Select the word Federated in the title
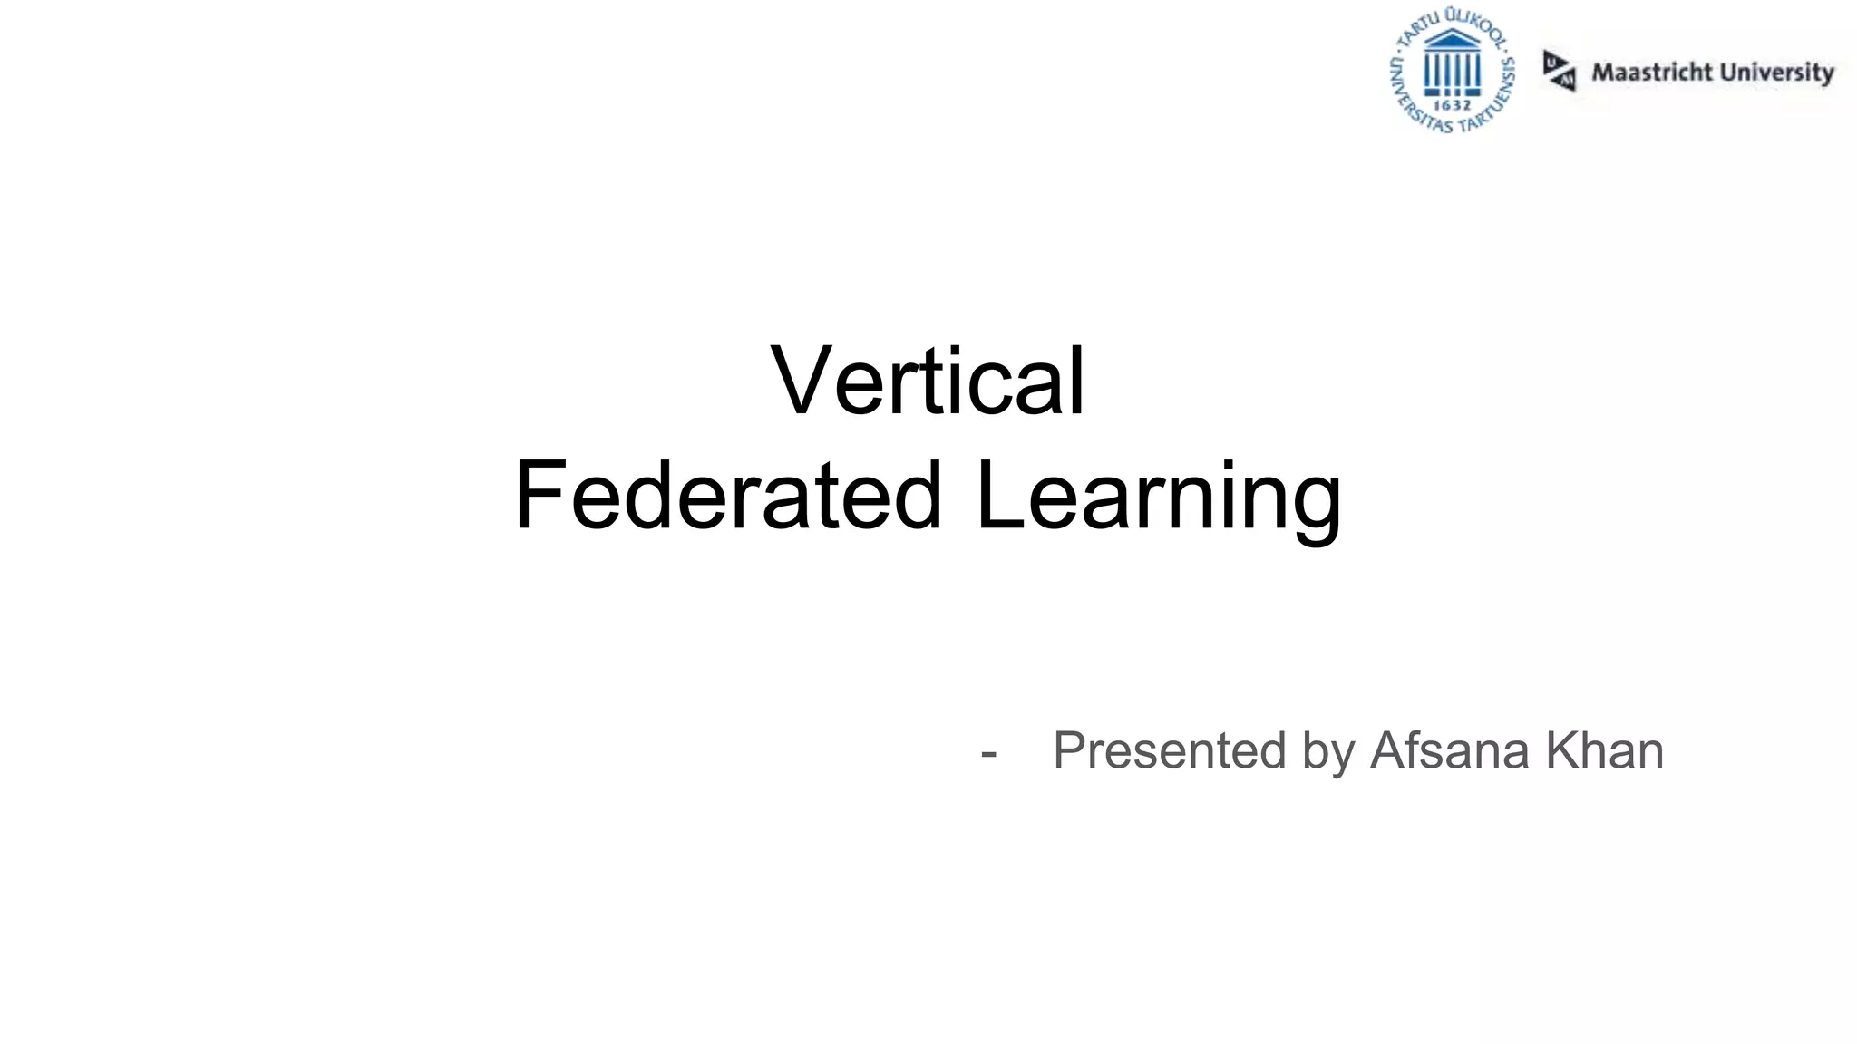tap(728, 496)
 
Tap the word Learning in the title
tap(1158, 498)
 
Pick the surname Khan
tap(1605, 750)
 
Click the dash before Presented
tap(988, 751)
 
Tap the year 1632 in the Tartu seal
tap(1453, 105)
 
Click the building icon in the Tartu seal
tap(1453, 63)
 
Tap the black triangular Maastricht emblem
tap(1559, 71)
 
